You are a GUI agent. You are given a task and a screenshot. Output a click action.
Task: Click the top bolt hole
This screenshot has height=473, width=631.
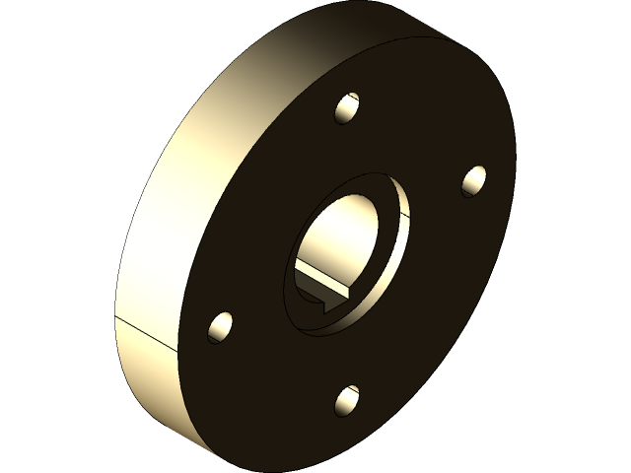(347, 108)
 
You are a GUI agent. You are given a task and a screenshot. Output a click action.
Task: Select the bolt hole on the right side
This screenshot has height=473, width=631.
(474, 180)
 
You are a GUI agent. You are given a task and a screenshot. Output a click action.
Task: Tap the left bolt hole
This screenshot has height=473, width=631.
(221, 326)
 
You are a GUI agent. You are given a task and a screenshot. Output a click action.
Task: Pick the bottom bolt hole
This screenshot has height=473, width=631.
(347, 399)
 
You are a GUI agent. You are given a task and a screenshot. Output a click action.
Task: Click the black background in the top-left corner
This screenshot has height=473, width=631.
(39, 39)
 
